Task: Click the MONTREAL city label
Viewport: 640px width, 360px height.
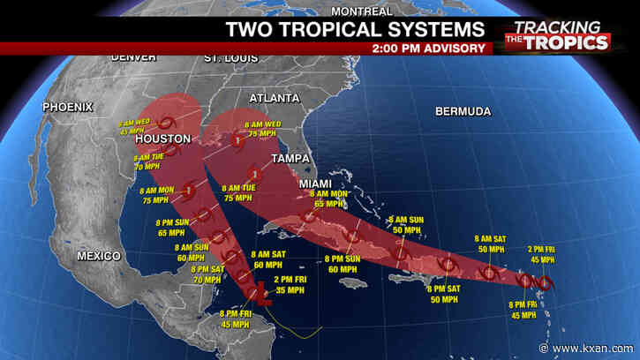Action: coord(362,11)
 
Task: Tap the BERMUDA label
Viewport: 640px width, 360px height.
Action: coord(463,112)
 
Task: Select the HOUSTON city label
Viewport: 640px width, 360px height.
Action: coord(162,139)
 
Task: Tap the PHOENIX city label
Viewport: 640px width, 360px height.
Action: coord(66,107)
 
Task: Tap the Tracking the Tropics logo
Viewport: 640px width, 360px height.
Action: coord(556,35)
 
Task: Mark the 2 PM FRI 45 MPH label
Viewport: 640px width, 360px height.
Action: coord(542,254)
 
